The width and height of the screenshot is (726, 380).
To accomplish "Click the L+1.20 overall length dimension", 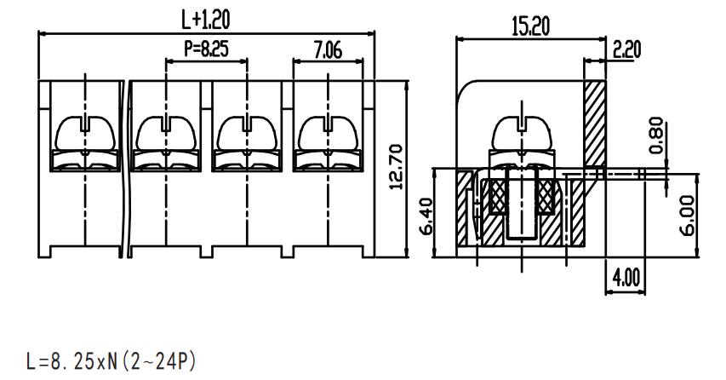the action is (x=205, y=20).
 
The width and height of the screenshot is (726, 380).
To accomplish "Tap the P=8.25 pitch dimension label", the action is (x=207, y=49).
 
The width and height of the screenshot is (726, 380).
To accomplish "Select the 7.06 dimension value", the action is (x=328, y=49).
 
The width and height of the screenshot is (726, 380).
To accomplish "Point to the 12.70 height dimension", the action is (x=397, y=167).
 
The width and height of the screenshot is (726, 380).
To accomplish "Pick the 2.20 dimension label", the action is (x=627, y=49).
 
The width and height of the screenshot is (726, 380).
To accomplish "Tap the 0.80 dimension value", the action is (x=656, y=135).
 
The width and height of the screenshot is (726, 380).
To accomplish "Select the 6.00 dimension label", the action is (x=688, y=216).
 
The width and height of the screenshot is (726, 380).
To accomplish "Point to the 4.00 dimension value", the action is (x=626, y=277).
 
